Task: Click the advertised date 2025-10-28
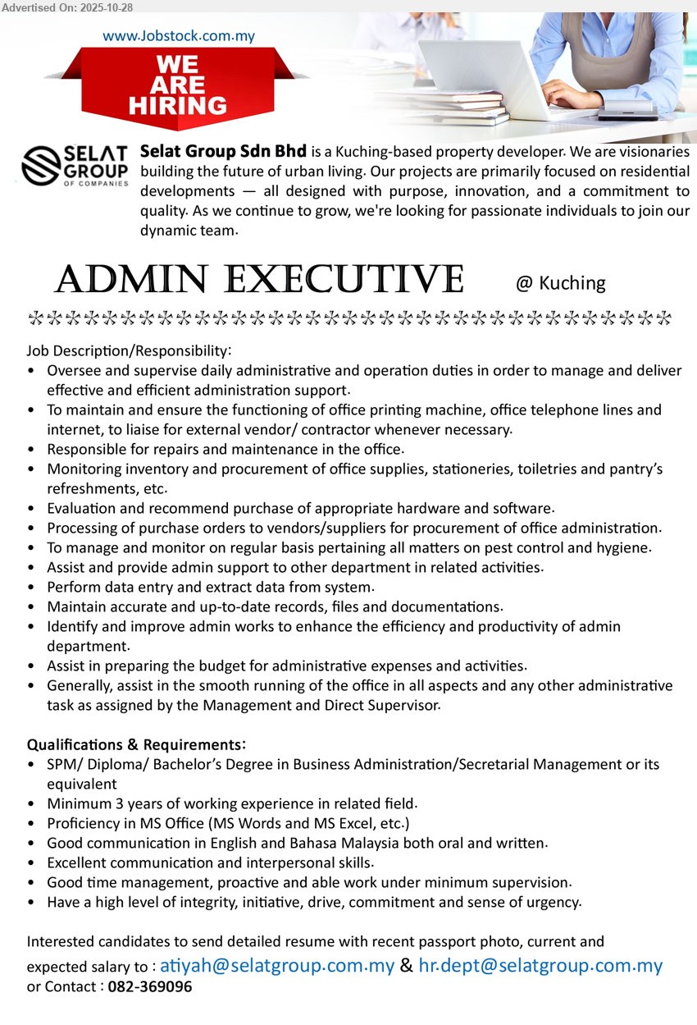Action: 105,7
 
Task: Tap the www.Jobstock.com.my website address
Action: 179,35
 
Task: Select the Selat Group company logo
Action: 75,167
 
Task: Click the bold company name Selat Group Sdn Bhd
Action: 224,152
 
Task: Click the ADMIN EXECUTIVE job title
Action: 259,281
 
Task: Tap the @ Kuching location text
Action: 560,283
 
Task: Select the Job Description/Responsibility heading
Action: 130,350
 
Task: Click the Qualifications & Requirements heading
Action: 136,744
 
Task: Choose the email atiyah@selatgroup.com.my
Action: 277,965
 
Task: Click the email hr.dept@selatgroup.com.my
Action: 540,965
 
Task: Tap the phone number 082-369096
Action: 150,986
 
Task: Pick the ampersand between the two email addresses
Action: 407,966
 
